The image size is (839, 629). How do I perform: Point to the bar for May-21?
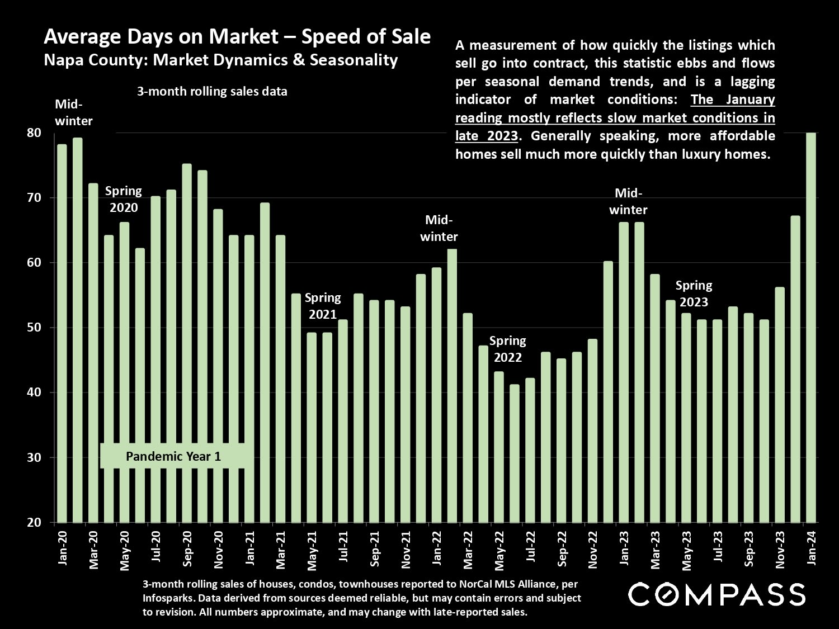click(312, 427)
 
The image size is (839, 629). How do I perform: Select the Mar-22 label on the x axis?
click(469, 548)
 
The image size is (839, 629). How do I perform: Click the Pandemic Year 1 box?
click(173, 456)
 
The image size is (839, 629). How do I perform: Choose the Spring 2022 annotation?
click(507, 349)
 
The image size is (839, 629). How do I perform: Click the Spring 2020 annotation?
click(124, 199)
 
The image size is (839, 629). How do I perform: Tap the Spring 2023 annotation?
click(694, 294)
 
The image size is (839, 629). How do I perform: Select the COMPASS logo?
click(717, 594)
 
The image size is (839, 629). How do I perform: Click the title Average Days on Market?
click(237, 37)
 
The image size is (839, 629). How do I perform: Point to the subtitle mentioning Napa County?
click(220, 60)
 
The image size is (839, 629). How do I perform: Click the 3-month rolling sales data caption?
click(212, 92)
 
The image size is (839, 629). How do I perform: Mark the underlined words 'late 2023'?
click(486, 136)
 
